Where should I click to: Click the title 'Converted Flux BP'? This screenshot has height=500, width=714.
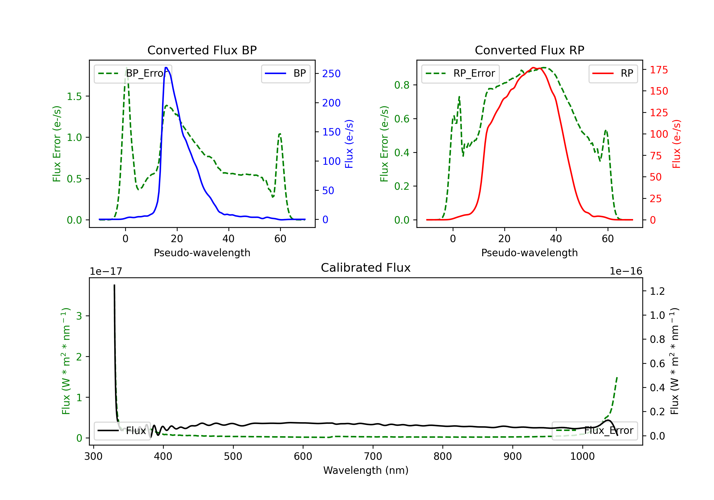point(202,50)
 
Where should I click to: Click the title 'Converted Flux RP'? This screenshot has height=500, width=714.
point(529,50)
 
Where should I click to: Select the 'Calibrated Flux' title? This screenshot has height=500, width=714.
point(366,268)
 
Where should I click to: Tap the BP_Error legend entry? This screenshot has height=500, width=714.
point(133,73)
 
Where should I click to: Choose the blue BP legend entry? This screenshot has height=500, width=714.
point(285,73)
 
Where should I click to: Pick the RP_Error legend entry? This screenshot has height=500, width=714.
point(460,73)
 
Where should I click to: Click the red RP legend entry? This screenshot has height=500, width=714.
point(613,73)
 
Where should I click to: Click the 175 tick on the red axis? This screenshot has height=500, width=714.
point(659,70)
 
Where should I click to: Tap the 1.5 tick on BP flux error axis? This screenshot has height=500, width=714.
point(74,96)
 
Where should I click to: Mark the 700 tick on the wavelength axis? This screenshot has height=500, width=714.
point(373,456)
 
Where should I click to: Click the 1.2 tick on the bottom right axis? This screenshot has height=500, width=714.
point(657,291)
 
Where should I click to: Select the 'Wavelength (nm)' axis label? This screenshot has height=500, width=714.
point(366,470)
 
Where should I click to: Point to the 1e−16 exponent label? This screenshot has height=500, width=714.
point(626,271)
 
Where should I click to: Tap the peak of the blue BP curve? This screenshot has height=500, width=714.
point(166,68)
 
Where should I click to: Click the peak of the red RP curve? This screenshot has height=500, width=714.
point(533,68)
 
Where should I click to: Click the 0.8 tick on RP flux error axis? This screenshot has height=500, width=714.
point(402,85)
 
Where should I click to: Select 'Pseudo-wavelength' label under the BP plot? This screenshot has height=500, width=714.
point(202,253)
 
